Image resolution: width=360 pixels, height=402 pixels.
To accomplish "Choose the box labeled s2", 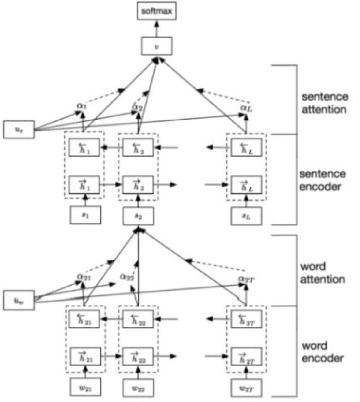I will coord(138,216).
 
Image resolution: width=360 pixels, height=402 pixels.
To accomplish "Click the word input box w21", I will coord(85,386).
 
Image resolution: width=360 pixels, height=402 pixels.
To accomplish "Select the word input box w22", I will coord(138,386).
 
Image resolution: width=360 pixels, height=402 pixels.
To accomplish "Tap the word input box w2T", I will coord(245,386).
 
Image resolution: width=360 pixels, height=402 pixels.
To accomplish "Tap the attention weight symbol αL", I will coord(245,107).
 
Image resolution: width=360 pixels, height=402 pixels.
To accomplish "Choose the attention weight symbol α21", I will coord(83,277).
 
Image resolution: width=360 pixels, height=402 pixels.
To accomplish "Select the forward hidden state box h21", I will coord(85,356).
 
